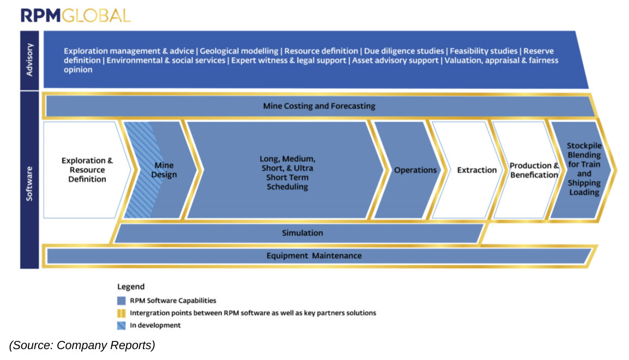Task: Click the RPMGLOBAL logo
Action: tap(76, 15)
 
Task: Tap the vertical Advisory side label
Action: tap(29, 60)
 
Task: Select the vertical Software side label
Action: tap(29, 180)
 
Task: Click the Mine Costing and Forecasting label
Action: tap(319, 106)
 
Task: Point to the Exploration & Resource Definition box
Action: tap(87, 170)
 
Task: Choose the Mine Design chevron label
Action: tap(164, 170)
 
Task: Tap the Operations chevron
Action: tap(415, 170)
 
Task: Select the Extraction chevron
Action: tap(477, 170)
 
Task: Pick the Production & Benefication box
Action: tap(534, 170)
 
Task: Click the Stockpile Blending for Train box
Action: tap(584, 169)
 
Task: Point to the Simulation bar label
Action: tap(302, 233)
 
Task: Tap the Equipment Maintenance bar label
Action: tap(314, 255)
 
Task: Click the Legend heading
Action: tap(131, 286)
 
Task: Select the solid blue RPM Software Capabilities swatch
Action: tap(121, 300)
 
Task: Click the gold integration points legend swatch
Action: tap(121, 313)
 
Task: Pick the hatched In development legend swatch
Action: tap(121, 325)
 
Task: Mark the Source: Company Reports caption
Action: tap(82, 345)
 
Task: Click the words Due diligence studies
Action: tap(404, 51)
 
